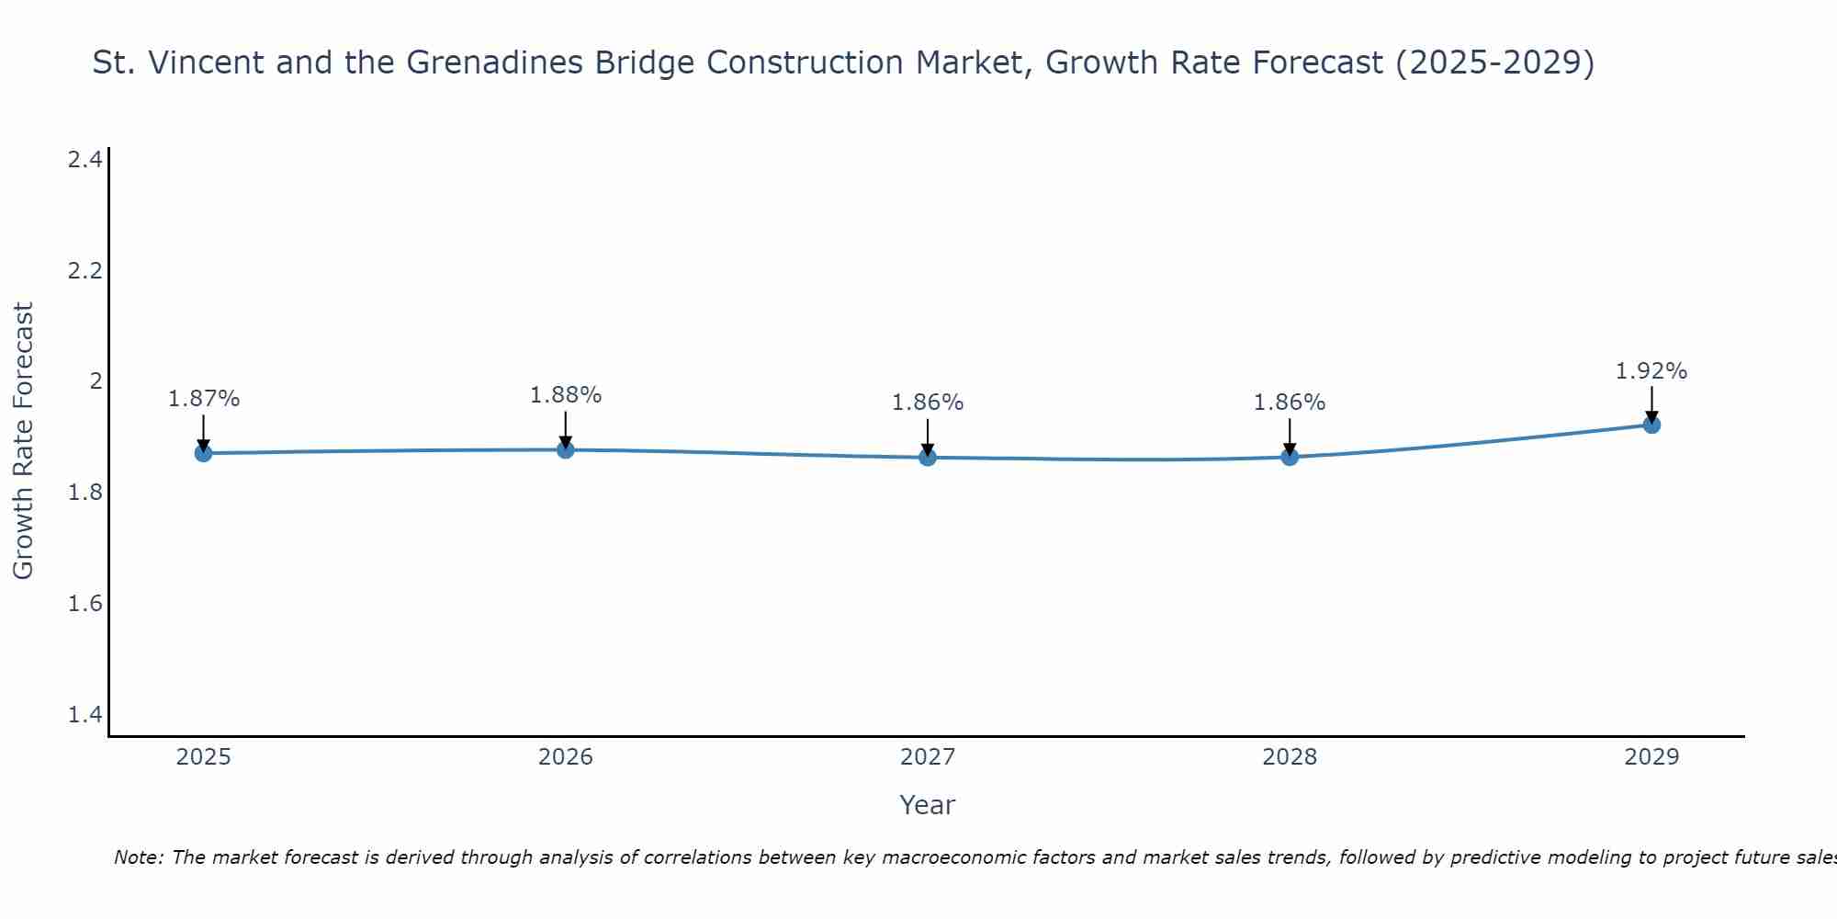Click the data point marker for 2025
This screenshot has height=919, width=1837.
tap(203, 453)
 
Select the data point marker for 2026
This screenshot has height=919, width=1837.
tap(566, 449)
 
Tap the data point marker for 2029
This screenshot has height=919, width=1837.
tap(1651, 425)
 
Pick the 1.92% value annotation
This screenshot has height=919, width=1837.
tap(1651, 371)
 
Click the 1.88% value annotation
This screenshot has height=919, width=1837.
tap(566, 395)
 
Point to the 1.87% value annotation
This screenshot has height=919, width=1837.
tap(204, 399)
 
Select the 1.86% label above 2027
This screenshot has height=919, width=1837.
tap(928, 403)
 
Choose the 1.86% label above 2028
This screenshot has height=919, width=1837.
tap(1290, 403)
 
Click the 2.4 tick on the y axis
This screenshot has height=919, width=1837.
tap(85, 160)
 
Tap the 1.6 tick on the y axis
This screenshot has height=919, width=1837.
tap(85, 604)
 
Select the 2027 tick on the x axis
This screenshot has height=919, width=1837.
tap(928, 757)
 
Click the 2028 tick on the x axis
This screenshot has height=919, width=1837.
tap(1290, 757)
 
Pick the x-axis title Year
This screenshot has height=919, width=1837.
tap(928, 805)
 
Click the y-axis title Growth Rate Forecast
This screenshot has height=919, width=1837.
tap(23, 441)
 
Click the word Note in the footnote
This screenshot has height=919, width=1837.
tap(138, 857)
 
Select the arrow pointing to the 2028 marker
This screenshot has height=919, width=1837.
tap(1290, 437)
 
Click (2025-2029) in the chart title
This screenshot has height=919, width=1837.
tap(1494, 62)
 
